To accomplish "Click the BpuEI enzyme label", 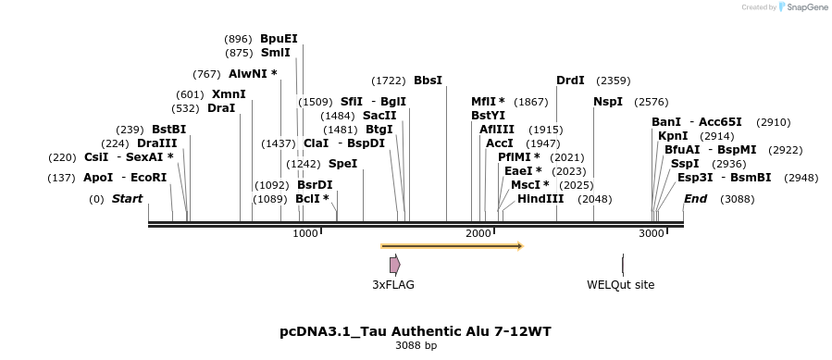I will coord(279,38).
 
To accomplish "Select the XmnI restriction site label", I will coord(229,93).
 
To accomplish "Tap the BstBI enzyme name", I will coord(168,129).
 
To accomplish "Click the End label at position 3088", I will coord(694,199).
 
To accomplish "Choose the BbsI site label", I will coord(428,81).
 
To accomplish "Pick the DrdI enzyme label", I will coord(570,81).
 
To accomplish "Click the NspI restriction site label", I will coord(608,101).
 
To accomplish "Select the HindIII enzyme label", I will coord(540,199).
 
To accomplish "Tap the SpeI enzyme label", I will coord(342,164).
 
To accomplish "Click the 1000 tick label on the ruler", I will coord(304,234).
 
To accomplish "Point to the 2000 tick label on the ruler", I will coord(478,234).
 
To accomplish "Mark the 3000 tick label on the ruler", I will coord(651,234).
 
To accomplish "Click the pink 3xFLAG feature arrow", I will coord(394,265).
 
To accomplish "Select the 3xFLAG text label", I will coord(393,285).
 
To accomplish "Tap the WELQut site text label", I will coord(620,285).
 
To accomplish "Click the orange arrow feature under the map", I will coord(452,246).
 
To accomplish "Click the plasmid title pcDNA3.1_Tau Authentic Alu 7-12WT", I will coord(416,330).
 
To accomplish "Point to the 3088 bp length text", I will coord(416,345).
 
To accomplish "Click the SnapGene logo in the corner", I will coord(802,7).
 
